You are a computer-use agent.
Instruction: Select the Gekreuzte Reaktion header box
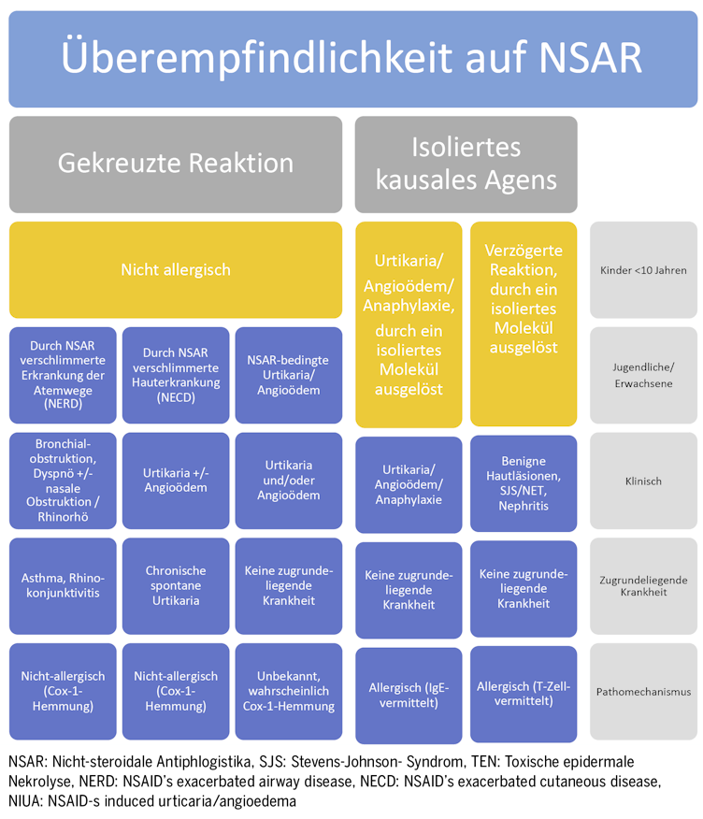click(x=176, y=164)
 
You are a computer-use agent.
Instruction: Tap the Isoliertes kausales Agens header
click(x=466, y=164)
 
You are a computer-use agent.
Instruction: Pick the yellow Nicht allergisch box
click(x=176, y=269)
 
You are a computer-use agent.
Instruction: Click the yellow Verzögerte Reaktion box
click(x=524, y=323)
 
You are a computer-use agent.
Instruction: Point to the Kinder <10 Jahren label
click(x=643, y=269)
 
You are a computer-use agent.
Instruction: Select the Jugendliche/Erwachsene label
click(x=643, y=375)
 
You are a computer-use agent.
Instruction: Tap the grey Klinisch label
click(x=643, y=481)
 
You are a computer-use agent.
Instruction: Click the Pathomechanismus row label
click(x=643, y=691)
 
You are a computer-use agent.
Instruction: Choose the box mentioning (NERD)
click(x=63, y=375)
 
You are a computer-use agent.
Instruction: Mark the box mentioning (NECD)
click(x=176, y=375)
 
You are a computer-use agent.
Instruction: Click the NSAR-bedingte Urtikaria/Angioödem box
click(x=289, y=375)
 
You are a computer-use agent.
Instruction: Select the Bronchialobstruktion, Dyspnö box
click(x=63, y=481)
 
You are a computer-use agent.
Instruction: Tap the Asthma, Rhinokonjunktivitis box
click(x=63, y=586)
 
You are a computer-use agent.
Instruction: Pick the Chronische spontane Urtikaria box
click(x=176, y=586)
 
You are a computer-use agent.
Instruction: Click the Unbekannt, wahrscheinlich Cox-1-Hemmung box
click(x=289, y=691)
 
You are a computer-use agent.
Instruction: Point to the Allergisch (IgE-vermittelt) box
click(x=409, y=696)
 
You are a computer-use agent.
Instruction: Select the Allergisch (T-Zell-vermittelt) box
click(x=524, y=694)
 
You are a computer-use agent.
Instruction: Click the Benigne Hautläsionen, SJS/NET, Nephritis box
click(x=524, y=483)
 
